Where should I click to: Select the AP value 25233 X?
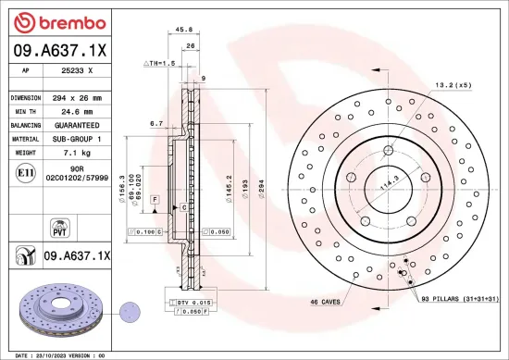coord(76,69)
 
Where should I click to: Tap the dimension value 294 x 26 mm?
coord(76,96)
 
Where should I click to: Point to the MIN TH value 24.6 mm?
coord(76,110)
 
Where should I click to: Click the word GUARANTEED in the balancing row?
coord(77,123)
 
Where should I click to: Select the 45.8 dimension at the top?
coord(183,30)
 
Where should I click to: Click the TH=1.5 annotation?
coord(160,63)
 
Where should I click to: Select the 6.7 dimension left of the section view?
coord(156,122)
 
